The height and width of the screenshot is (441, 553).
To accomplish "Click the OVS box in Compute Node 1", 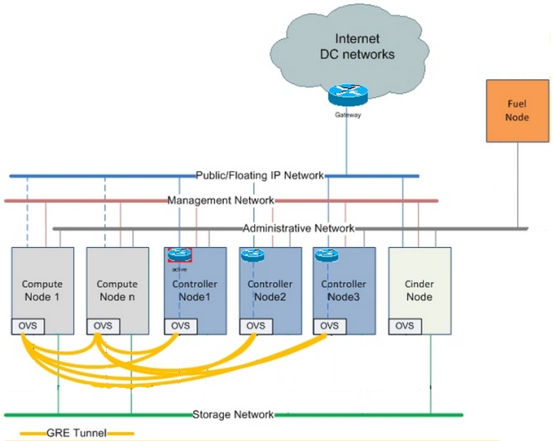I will pos(27,325).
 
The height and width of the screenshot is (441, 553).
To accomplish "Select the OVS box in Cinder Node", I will pos(406,325).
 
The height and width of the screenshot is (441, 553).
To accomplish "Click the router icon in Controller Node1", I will pos(179,255).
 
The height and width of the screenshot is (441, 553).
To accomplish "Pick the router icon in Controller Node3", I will pos(326,255).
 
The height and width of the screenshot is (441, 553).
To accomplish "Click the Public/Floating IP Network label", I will pos(258,176).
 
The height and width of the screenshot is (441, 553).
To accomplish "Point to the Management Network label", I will pos(221,201).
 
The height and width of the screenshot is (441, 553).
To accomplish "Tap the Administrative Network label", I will pos(298,228).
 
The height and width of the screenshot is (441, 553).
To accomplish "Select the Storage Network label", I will pos(233,414).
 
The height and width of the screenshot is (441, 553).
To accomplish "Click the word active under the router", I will pos(179,269).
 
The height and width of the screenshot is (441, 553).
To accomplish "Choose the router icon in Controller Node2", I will pos(252,255).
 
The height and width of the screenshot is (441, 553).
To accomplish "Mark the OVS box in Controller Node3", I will pos(330,325).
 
